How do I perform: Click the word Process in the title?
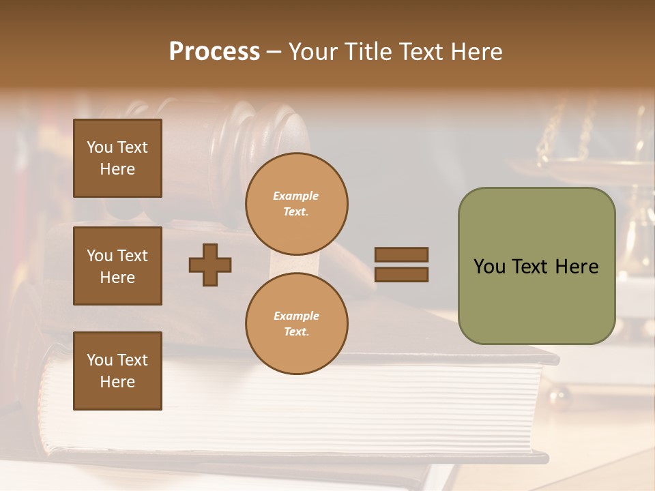tap(214, 52)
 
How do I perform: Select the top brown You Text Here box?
tap(117, 158)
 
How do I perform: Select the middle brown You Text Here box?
tap(117, 266)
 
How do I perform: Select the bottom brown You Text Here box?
tap(117, 371)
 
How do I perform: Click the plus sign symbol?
tap(210, 265)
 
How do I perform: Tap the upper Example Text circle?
tap(296, 203)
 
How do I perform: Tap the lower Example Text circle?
tap(296, 323)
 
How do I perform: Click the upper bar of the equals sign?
tap(401, 254)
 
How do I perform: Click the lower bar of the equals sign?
tap(401, 274)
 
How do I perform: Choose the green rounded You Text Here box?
tap(536, 266)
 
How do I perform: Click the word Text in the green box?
tap(536, 266)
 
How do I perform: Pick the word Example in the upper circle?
tap(296, 196)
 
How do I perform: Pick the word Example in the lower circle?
tap(296, 316)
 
